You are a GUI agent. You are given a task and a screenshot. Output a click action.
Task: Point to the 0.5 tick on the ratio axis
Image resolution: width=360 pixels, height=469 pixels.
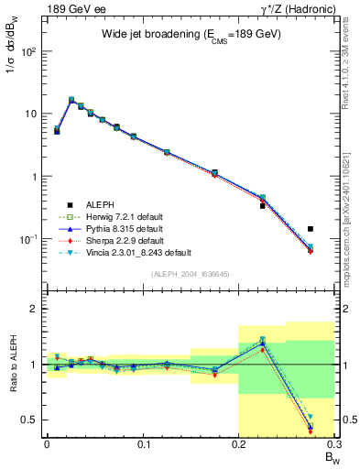click(27, 420)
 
